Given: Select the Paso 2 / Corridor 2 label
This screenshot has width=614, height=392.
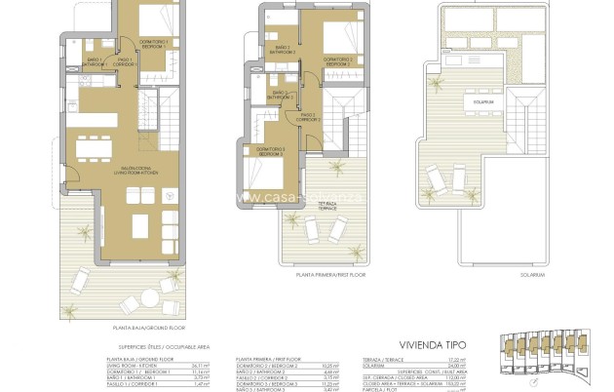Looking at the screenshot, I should point(309,118).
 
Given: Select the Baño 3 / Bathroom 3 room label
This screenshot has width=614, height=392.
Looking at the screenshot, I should point(280,98).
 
